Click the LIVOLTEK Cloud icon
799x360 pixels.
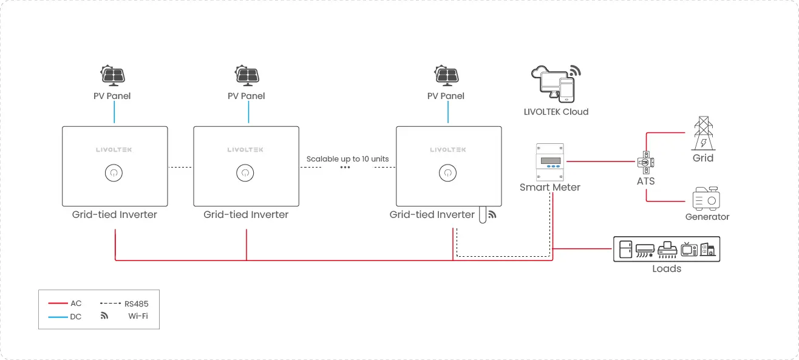pyautogui.click(x=555, y=84)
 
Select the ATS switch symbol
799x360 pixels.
pyautogui.click(x=646, y=162)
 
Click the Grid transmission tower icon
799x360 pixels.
pyautogui.click(x=703, y=134)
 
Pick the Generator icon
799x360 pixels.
pyautogui.click(x=706, y=199)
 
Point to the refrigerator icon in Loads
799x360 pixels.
pyautogui.click(x=625, y=249)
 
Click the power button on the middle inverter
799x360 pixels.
pyautogui.click(x=245, y=173)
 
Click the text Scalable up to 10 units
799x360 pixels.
pyautogui.click(x=347, y=159)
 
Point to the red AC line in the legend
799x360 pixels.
pyautogui.click(x=58, y=303)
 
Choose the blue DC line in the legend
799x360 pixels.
pyautogui.click(x=58, y=316)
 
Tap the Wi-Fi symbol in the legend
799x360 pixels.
pyautogui.click(x=104, y=316)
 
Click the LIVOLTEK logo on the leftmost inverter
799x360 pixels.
pyautogui.click(x=114, y=149)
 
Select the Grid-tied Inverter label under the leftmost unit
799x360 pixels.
pyautogui.click(x=114, y=214)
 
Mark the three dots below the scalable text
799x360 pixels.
pyautogui.click(x=345, y=167)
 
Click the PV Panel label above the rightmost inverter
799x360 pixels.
pyautogui.click(x=446, y=96)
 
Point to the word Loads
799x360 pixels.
pyautogui.click(x=667, y=268)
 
